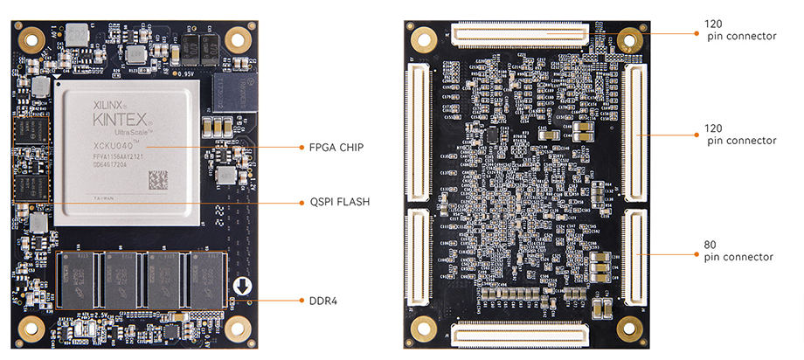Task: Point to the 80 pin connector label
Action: tap(738, 251)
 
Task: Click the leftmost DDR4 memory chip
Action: tap(81, 279)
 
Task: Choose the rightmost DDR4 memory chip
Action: tap(207, 279)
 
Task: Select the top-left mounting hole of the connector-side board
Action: tap(426, 39)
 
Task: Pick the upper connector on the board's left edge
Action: tap(416, 130)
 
